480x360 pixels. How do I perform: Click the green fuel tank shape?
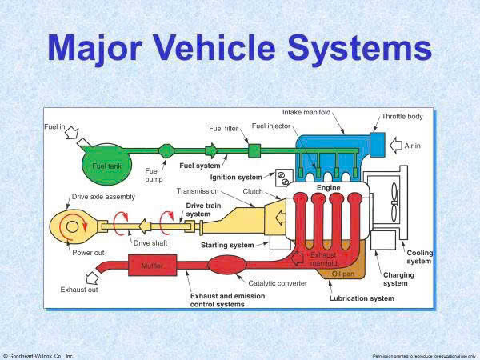(106, 164)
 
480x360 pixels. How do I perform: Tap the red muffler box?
(152, 264)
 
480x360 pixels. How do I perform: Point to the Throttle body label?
(402, 116)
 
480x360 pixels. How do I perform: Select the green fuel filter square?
(255, 150)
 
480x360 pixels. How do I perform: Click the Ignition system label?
(236, 177)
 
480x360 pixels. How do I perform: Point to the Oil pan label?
(342, 274)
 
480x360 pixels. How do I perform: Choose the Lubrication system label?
(362, 298)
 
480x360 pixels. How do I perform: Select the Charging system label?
(394, 278)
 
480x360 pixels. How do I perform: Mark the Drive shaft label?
(151, 242)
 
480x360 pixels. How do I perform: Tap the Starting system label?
(227, 244)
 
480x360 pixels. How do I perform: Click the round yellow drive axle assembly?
(73, 226)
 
